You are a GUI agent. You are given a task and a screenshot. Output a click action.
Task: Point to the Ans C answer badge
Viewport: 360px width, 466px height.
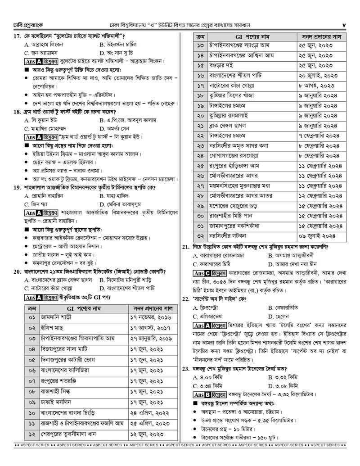tap(202, 273)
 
